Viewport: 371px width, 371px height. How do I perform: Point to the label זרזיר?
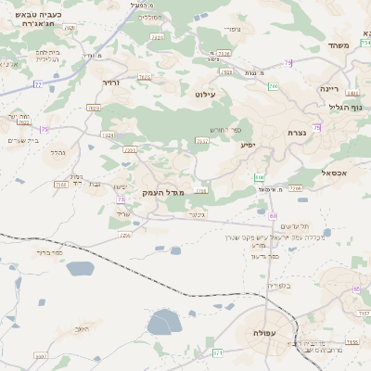pos(112,83)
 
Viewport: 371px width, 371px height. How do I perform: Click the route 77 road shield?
pos(38,84)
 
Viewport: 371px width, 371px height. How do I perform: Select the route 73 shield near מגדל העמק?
pos(130,148)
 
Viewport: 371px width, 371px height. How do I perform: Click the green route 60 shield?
pos(275,216)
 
